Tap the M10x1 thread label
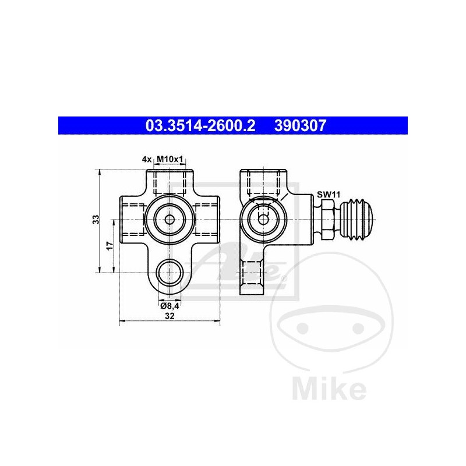(x=170, y=158)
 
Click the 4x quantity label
(x=147, y=158)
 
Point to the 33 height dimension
(x=97, y=220)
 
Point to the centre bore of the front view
(x=170, y=220)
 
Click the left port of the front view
(x=131, y=219)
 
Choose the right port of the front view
(x=207, y=219)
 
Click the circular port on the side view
(x=263, y=219)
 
